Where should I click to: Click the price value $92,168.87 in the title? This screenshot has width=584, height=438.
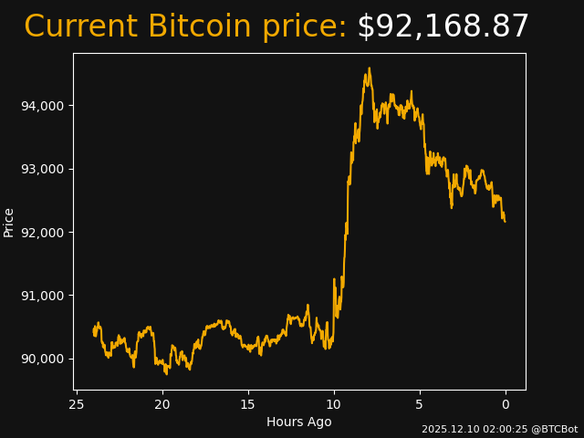443,27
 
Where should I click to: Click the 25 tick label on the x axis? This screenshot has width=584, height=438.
77,403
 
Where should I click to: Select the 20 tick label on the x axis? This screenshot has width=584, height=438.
162,403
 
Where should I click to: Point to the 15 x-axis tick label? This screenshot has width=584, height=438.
248,403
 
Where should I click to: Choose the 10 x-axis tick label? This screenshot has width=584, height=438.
334,403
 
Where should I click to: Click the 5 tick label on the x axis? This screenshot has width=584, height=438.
420,403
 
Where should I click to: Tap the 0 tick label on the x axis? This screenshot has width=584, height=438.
506,403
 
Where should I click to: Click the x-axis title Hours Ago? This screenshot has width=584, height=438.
299,422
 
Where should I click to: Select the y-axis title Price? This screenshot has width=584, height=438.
9,222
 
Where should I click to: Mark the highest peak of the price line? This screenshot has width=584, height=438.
369,68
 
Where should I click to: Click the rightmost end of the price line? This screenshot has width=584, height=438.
505,221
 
